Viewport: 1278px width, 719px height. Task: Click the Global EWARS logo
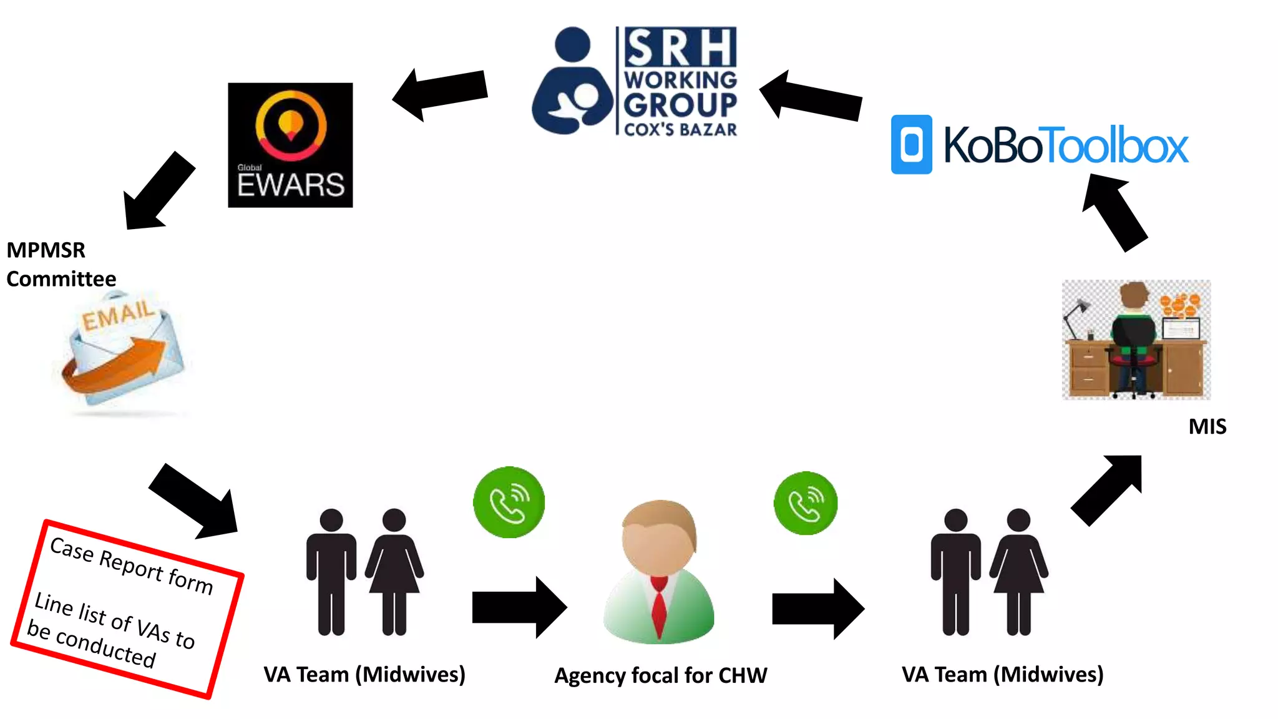tap(290, 145)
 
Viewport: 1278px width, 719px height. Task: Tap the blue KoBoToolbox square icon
tap(911, 144)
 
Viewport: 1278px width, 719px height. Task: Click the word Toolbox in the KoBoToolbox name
tap(1117, 145)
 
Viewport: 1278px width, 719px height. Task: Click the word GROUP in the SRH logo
tap(680, 105)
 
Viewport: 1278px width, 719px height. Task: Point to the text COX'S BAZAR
tap(680, 130)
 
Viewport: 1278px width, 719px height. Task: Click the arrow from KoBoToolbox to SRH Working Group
tap(811, 97)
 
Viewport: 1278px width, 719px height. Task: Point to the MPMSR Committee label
tap(61, 264)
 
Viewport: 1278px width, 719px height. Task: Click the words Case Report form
tap(131, 565)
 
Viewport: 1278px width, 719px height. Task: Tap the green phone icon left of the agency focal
tap(509, 502)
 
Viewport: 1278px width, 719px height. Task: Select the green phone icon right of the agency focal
tap(806, 503)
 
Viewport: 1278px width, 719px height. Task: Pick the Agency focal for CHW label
tap(660, 675)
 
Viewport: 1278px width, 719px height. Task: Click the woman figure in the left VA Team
tap(394, 571)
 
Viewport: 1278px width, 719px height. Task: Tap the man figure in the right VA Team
tap(955, 571)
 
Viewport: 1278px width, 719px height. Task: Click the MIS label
tap(1207, 426)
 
